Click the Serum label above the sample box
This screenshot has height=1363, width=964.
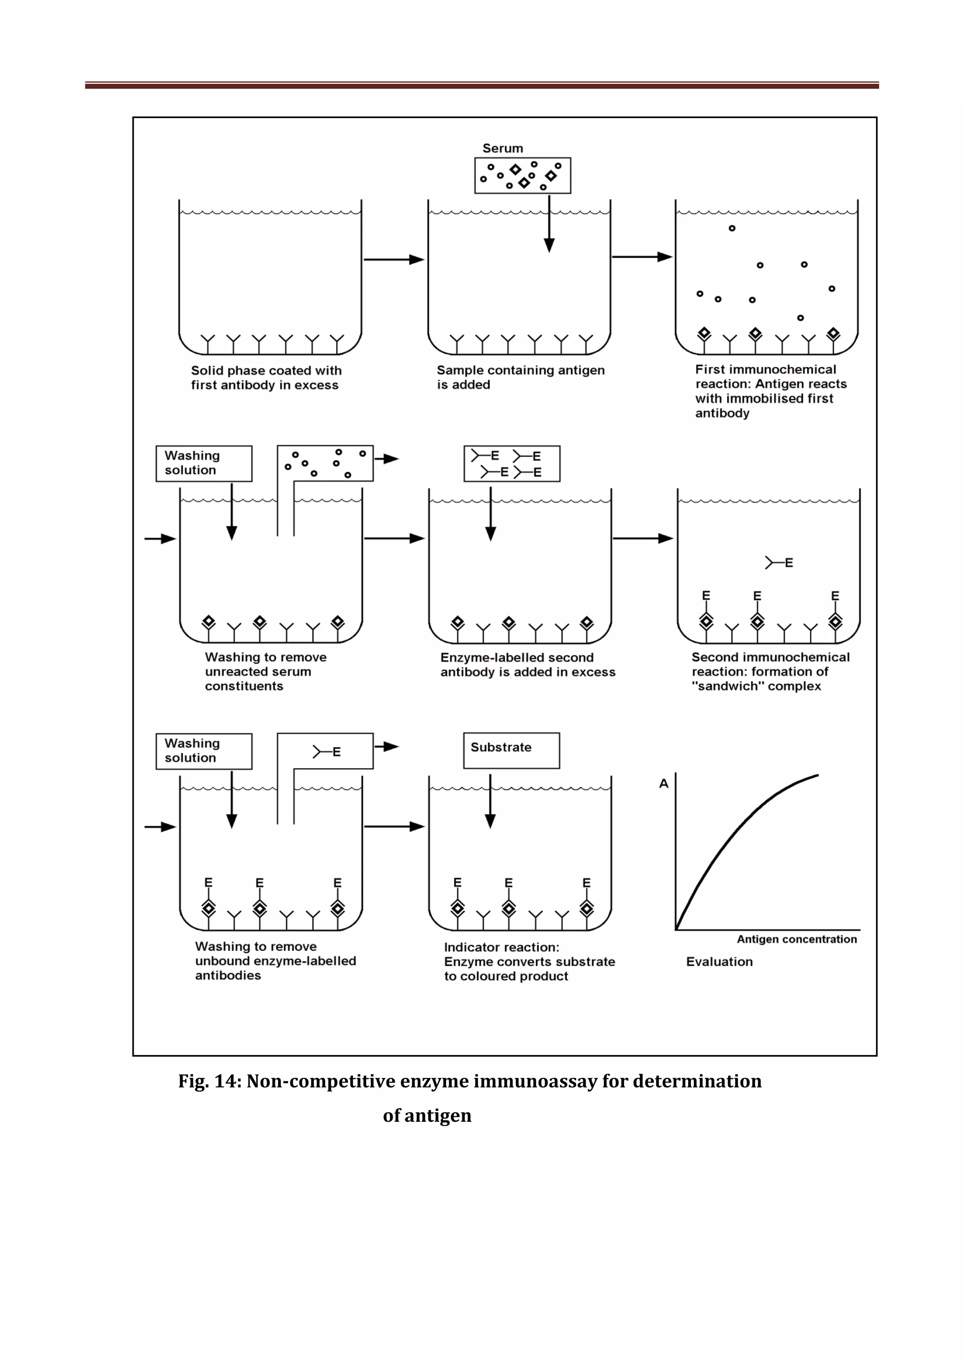point(503,149)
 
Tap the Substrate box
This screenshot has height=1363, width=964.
point(511,750)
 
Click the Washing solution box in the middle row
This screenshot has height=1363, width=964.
point(204,463)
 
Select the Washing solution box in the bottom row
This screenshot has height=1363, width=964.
point(204,751)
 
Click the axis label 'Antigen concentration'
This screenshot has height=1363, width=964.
point(796,939)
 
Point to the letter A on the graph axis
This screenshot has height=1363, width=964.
point(663,784)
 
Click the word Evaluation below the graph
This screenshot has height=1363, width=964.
point(719,962)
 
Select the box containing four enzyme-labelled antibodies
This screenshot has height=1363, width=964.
point(511,464)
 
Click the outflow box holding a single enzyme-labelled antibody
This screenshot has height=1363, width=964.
point(325,752)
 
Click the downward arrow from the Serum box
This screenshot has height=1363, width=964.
point(549,226)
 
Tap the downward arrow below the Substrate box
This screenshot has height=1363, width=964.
point(490,801)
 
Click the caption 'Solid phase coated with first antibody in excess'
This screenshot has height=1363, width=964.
point(265,378)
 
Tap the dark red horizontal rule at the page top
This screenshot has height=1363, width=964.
point(482,86)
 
